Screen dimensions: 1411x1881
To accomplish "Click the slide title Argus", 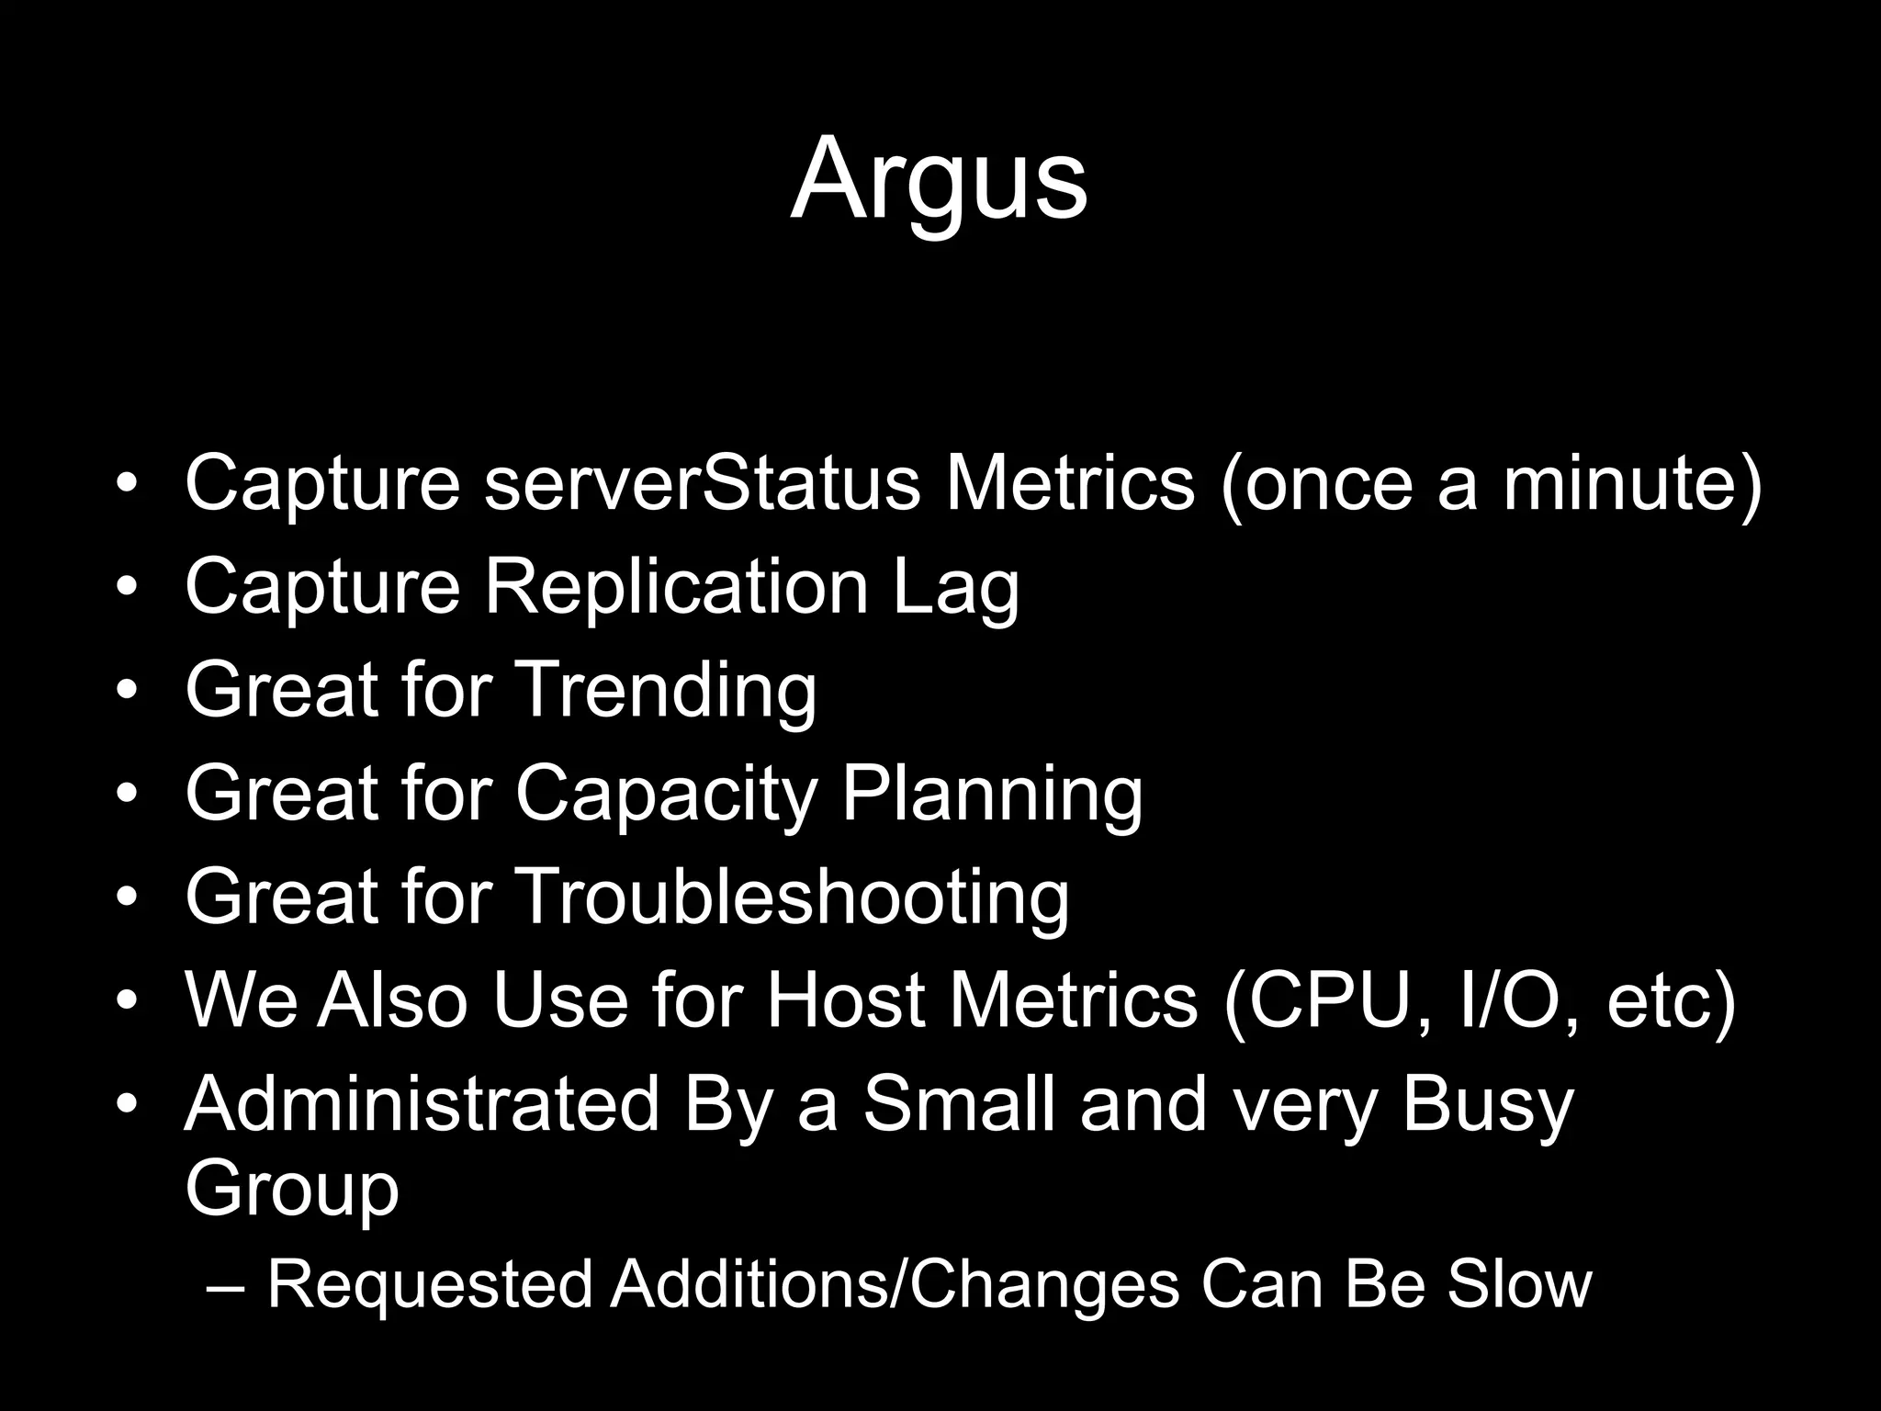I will (939, 180).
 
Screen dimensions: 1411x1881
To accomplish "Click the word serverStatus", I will (701, 483).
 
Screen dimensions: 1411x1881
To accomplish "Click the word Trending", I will (665, 690).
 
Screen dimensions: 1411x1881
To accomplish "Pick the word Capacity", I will (665, 794).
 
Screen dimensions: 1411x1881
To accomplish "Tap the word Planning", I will (992, 794).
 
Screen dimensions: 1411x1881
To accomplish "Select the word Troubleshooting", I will (792, 897).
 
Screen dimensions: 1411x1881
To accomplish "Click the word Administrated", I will (422, 1103).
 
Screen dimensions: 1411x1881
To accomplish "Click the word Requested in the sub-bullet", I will (429, 1285).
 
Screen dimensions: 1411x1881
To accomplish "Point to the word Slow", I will (1519, 1283).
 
